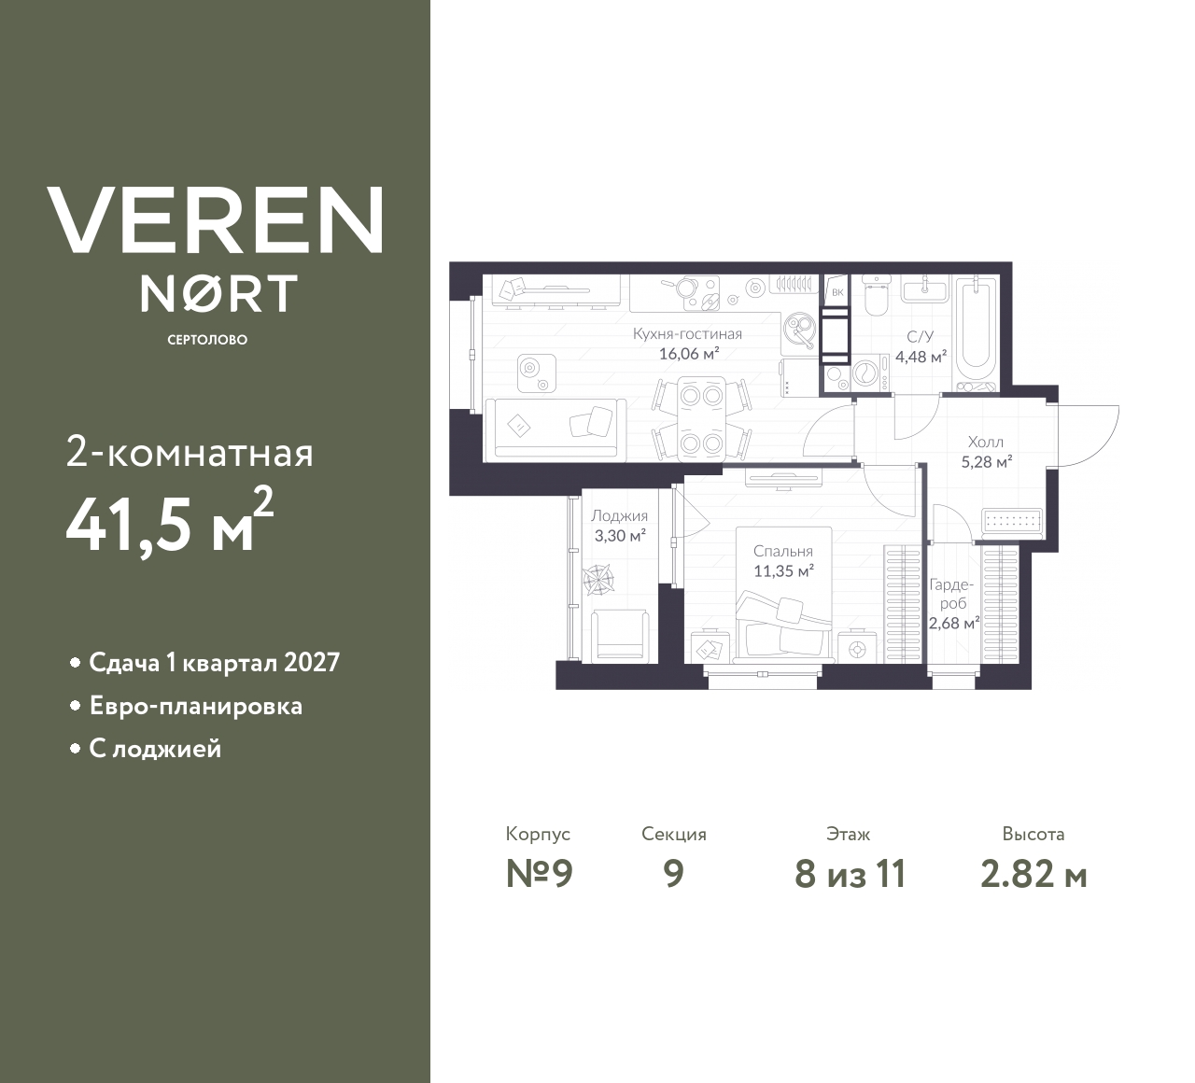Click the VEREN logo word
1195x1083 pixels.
[x=215, y=219]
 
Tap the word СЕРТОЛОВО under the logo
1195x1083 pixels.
[x=207, y=340]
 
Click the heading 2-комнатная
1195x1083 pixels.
[x=190, y=455]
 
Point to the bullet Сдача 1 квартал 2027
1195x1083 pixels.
[x=214, y=663]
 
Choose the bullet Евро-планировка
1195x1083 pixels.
[x=195, y=706]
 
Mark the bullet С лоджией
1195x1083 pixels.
[x=155, y=749]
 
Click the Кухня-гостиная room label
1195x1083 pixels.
[x=687, y=334]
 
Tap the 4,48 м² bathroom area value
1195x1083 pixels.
[x=921, y=355]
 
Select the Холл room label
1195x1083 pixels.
[x=986, y=442]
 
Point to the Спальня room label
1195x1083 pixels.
[x=783, y=551]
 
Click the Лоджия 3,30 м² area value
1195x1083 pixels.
[x=620, y=536]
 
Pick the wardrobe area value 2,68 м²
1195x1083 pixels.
[x=953, y=623]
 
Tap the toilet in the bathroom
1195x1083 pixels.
[x=877, y=297]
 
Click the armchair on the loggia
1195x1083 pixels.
[x=620, y=634]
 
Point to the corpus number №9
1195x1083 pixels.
[x=538, y=875]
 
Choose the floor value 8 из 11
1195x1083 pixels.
[x=850, y=875]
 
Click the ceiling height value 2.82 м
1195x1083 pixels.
[x=1033, y=875]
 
